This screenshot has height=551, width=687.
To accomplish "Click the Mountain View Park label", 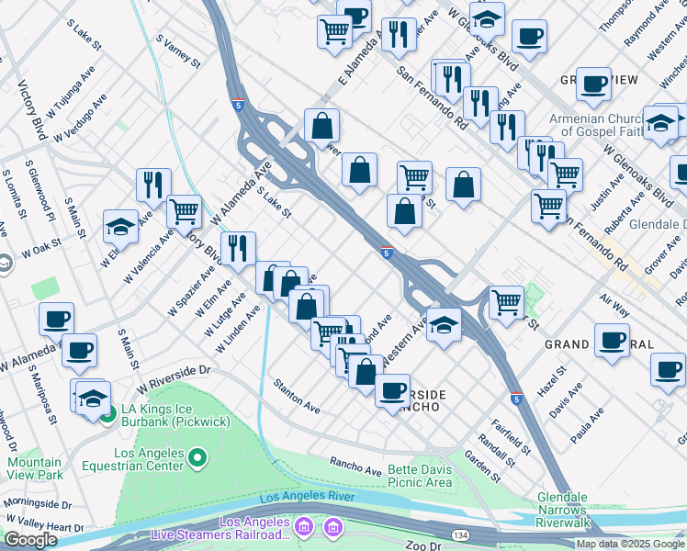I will click(x=32, y=468).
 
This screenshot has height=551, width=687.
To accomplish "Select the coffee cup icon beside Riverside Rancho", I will click(x=392, y=389).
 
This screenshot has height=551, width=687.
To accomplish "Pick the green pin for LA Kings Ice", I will click(x=108, y=414).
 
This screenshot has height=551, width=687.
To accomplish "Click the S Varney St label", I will click(x=178, y=52).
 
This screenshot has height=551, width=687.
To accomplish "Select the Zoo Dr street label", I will click(x=423, y=545).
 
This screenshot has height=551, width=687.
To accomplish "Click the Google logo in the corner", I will click(x=30, y=540).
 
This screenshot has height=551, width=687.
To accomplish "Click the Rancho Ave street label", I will click(x=355, y=467).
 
